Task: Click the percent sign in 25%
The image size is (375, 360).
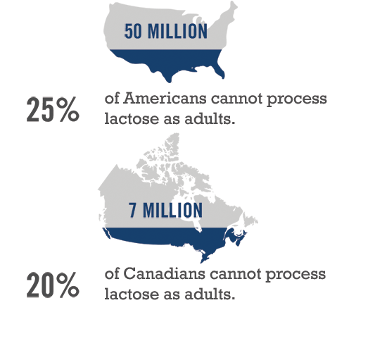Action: click(68, 111)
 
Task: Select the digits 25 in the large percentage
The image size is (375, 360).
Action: click(40, 111)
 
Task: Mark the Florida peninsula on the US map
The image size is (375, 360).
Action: click(221, 70)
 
